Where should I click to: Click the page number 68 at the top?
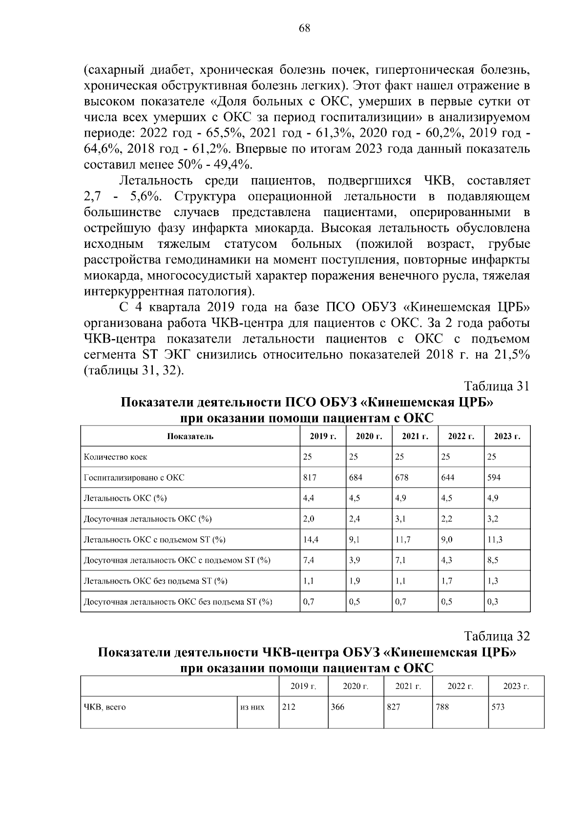pyautogui.click(x=304, y=28)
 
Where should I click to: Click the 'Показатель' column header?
pyautogui.click(x=190, y=436)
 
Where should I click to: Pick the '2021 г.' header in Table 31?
pyautogui.click(x=415, y=436)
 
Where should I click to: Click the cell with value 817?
pyautogui.click(x=310, y=478)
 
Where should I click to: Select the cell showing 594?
pyautogui.click(x=494, y=478)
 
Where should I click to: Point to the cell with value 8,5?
pyautogui.click(x=493, y=560)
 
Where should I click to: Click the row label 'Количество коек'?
pyautogui.click(x=116, y=457)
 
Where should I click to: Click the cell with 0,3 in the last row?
pyautogui.click(x=493, y=602)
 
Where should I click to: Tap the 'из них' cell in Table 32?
pyautogui.click(x=252, y=707)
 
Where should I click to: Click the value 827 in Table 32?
pyautogui.click(x=394, y=707)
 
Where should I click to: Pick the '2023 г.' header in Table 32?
pyautogui.click(x=516, y=687)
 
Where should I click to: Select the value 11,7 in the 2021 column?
pyautogui.click(x=402, y=540)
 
